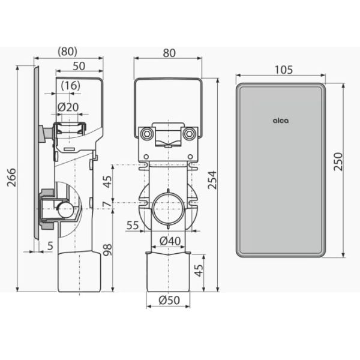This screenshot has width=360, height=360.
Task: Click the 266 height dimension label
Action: tap(11, 177)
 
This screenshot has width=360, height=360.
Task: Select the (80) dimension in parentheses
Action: tap(67, 52)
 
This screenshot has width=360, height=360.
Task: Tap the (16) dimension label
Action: tap(71, 86)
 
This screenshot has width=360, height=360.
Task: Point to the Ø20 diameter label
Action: tap(68, 107)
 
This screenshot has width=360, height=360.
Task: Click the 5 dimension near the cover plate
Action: tap(50, 245)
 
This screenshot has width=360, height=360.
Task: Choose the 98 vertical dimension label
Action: tap(107, 250)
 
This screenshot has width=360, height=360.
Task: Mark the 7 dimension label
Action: tap(107, 204)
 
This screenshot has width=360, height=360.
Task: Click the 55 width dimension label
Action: tap(133, 225)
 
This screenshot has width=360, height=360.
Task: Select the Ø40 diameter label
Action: tap(170, 241)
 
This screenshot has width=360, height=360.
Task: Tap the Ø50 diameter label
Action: tap(169, 300)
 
